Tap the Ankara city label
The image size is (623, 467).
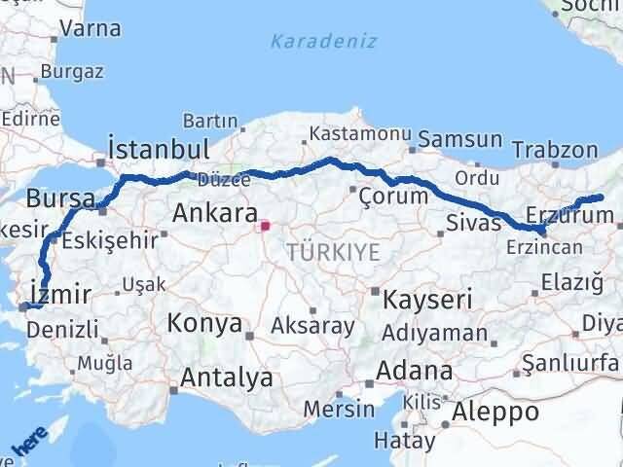[214, 213]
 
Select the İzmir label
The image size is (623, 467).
[60, 294]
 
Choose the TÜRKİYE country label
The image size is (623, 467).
[333, 253]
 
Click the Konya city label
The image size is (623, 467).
[204, 323]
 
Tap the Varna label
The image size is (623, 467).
[90, 27]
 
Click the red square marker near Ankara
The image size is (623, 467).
[265, 227]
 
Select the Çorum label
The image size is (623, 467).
[393, 196]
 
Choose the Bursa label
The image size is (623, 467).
[61, 199]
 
